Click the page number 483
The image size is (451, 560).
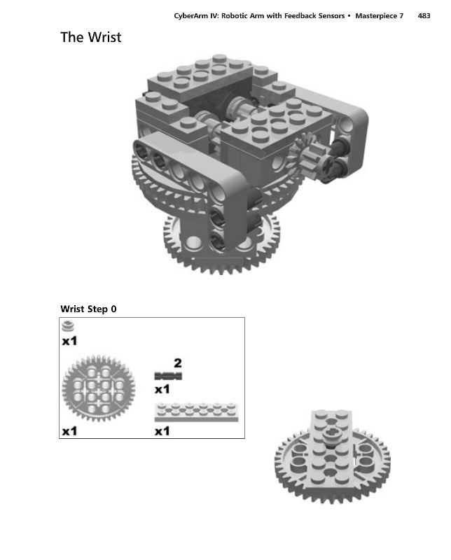tap(424, 15)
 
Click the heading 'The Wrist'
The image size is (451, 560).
tap(91, 37)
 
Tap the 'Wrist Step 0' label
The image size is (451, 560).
tap(88, 309)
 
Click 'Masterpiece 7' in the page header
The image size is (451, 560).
tap(379, 16)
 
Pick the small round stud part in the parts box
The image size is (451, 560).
tap(68, 326)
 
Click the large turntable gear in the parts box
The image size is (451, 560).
tap(98, 388)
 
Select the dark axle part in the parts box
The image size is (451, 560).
tap(168, 376)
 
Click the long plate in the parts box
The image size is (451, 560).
tap(197, 412)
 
